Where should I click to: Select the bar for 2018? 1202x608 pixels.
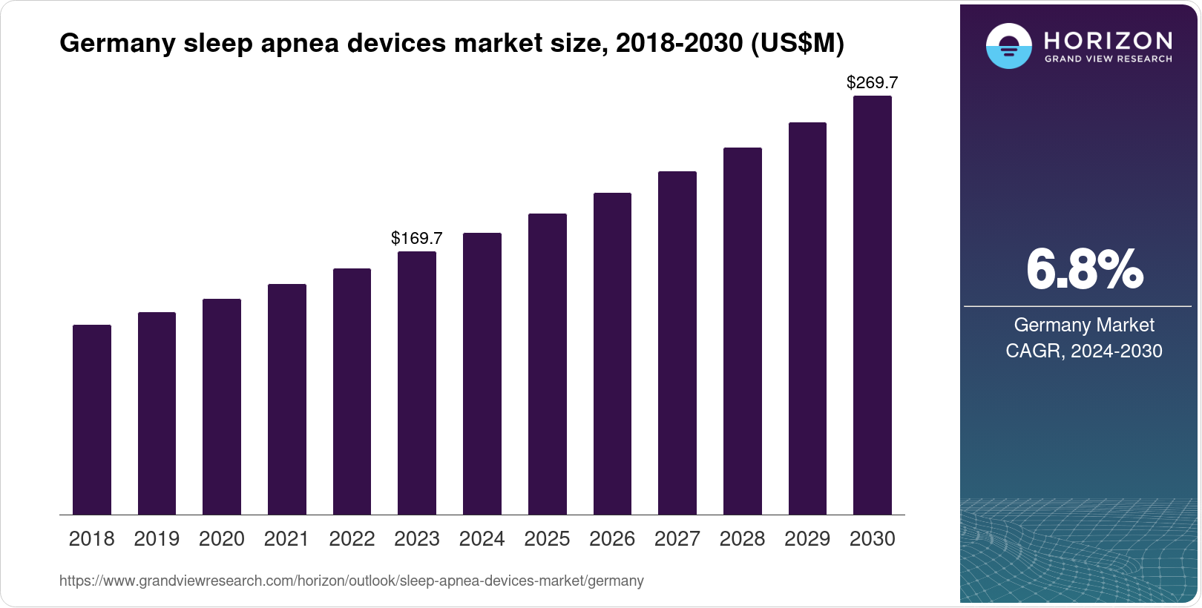click(92, 420)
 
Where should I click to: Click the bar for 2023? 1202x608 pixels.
click(417, 383)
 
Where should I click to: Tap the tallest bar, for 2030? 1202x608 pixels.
click(873, 305)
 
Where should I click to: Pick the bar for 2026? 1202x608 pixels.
click(612, 354)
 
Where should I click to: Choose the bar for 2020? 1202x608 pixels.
click(222, 406)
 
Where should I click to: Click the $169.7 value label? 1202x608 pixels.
click(417, 238)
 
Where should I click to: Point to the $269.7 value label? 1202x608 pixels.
click(873, 82)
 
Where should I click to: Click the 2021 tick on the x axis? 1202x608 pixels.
click(286, 539)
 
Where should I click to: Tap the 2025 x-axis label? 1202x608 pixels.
click(547, 539)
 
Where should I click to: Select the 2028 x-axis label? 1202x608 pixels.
click(742, 539)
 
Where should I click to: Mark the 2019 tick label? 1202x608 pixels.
click(157, 539)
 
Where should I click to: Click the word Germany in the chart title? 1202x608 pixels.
click(118, 44)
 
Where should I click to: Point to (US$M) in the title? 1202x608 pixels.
click(798, 44)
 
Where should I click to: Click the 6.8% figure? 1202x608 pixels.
click(1084, 270)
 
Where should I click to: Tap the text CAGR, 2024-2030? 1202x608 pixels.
click(1084, 351)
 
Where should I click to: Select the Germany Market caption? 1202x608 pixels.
click(1084, 325)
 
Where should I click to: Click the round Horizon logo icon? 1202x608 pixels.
click(1009, 46)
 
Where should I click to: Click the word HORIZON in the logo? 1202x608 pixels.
click(1108, 40)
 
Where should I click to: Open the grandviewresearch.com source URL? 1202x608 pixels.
click(352, 581)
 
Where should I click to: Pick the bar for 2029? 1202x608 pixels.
click(807, 318)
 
